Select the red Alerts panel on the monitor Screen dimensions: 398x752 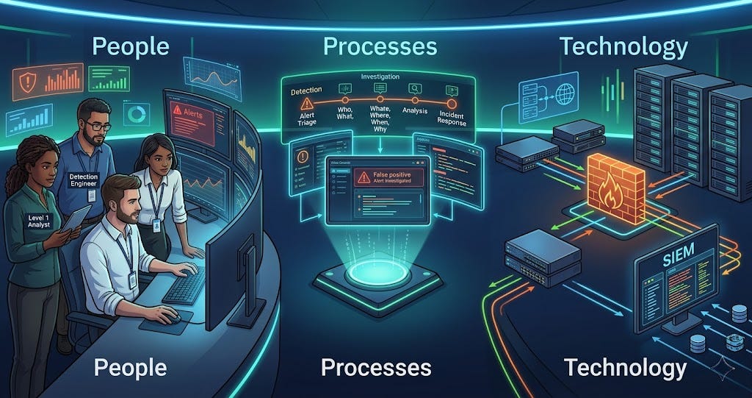(x=192, y=117)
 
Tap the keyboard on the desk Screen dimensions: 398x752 (x=184, y=284)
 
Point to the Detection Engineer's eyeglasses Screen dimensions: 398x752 (x=97, y=127)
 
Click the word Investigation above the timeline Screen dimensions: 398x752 (x=380, y=77)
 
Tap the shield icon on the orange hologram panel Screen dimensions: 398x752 (x=27, y=82)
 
